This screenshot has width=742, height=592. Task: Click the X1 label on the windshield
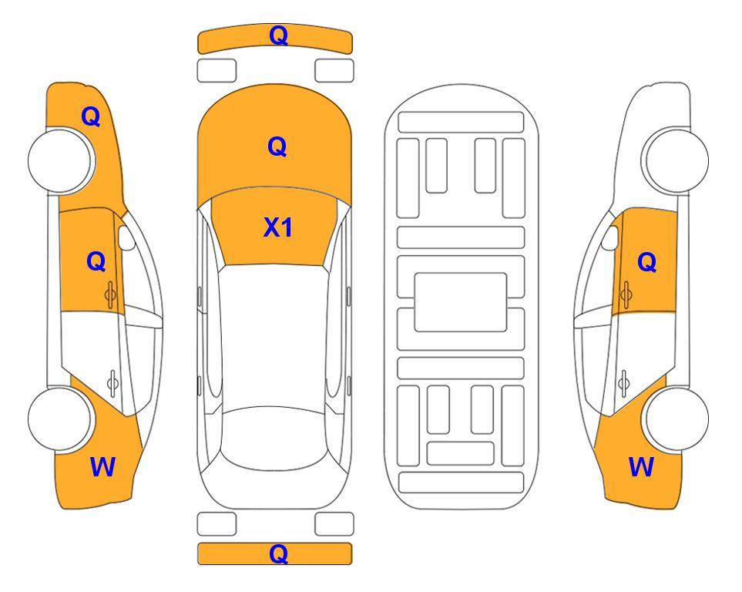278,227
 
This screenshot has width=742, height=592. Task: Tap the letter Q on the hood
277,146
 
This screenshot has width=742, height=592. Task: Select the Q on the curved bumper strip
278,35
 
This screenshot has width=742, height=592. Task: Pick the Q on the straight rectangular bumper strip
278,553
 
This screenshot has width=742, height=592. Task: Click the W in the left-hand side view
102,467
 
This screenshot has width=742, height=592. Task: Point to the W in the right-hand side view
641,467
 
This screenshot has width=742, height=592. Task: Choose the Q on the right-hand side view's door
647,262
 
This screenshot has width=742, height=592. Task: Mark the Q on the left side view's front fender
91,116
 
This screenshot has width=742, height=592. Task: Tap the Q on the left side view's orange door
96,261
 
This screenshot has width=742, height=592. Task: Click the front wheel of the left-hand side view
61,161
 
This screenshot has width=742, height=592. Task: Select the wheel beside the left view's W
59,419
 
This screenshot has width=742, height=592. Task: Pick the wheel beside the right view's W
677,419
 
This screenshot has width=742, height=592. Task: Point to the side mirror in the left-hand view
126,237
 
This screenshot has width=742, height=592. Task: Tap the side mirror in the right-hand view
609,237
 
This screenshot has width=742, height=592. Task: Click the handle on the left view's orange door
111,294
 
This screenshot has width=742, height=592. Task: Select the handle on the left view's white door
112,383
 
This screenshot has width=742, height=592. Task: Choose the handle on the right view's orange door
626,294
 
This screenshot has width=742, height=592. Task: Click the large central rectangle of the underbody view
461,302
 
